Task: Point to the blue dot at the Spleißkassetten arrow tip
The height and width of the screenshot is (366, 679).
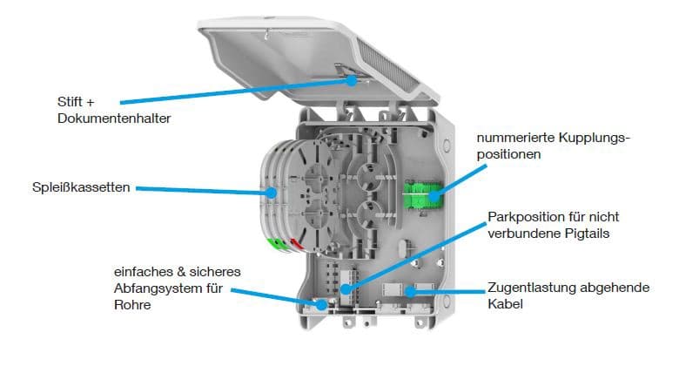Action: coord(271,190)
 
